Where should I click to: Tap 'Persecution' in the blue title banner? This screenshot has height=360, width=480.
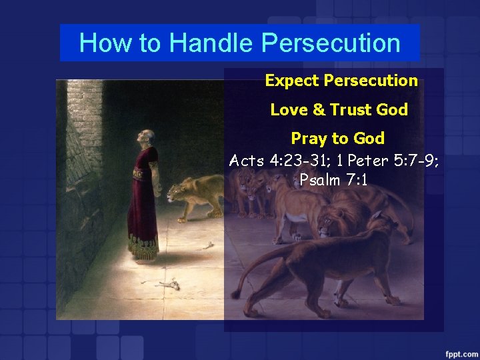(331, 43)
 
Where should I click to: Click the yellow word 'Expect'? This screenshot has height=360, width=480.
(291, 81)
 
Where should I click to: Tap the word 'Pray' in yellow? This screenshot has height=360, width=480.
(308, 139)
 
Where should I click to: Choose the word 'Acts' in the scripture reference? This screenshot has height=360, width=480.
(247, 161)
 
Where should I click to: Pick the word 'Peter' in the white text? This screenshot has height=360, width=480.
(368, 161)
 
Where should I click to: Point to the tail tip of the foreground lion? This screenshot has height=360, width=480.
(235, 293)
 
